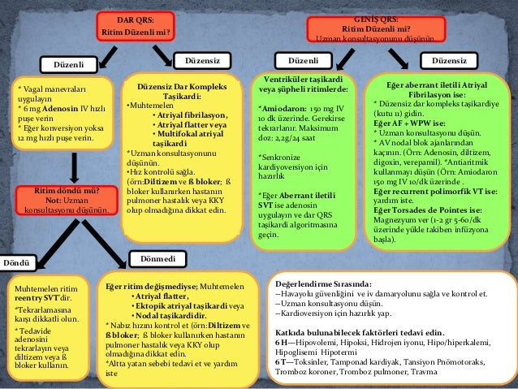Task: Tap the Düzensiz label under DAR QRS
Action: (201, 61)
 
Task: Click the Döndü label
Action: (15, 263)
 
